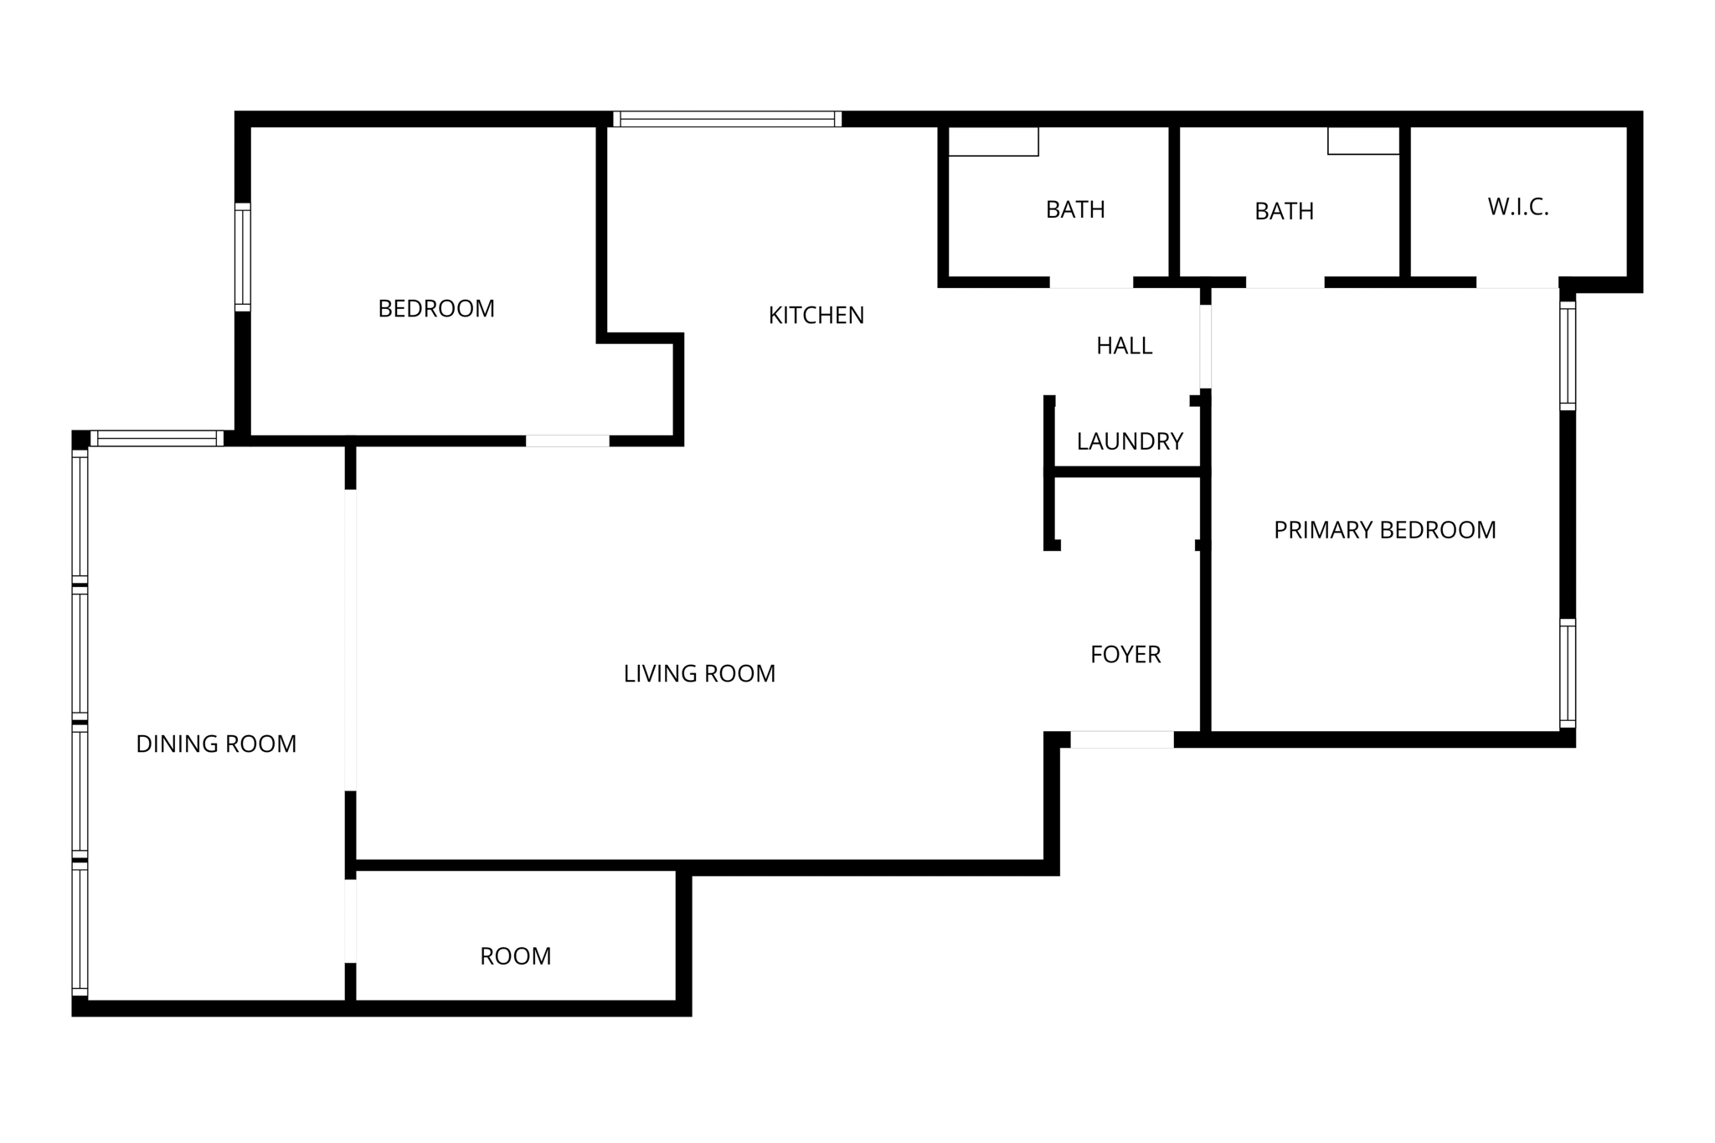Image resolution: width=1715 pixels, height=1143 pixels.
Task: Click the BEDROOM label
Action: coord(436,309)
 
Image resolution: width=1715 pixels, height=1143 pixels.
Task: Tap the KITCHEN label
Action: coord(816,316)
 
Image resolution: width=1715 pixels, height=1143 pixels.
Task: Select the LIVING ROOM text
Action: coord(699,674)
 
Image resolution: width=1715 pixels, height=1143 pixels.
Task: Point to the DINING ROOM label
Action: coord(216,744)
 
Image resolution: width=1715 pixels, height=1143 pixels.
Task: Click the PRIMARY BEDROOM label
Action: coord(1384,530)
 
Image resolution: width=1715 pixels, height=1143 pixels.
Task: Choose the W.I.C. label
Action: coord(1518,208)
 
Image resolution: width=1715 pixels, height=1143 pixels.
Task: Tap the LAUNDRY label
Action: coord(1130,441)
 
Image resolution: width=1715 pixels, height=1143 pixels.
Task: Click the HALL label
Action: coord(1124,346)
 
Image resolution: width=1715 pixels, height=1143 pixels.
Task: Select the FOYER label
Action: coord(1125,655)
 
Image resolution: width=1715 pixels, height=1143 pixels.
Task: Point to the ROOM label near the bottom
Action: coord(515,956)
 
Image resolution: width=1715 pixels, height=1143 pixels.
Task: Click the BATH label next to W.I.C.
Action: coord(1284,211)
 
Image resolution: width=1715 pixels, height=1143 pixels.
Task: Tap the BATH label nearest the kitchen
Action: coord(1075,209)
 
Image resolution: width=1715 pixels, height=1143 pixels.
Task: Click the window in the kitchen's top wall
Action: coord(727,119)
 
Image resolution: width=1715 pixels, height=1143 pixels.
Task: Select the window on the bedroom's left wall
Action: coord(243,256)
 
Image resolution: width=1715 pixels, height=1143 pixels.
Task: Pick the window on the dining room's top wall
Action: coord(157,438)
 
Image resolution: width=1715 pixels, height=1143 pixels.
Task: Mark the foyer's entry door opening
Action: coord(1122,739)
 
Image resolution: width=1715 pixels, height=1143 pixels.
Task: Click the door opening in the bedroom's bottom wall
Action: coord(567,440)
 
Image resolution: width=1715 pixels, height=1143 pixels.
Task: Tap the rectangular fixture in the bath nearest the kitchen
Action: coord(993,142)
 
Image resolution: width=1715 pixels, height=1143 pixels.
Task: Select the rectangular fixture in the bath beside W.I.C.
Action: coord(1363,141)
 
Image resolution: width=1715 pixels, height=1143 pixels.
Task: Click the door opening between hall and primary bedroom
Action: coord(1205,347)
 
